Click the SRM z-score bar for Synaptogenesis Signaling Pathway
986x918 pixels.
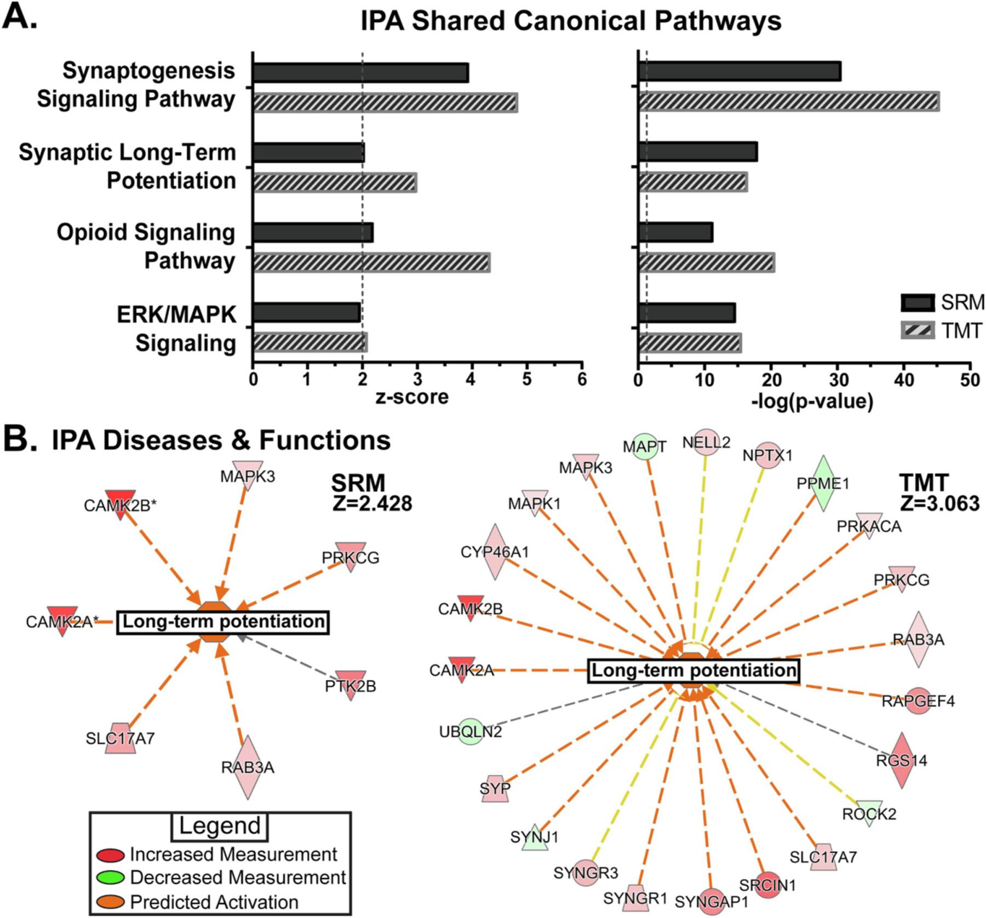pos(360,73)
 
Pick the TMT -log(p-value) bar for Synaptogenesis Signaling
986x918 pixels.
pos(788,102)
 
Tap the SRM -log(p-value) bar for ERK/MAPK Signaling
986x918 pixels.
pos(686,313)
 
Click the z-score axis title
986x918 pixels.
pos(411,397)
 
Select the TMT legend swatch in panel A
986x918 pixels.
pos(918,330)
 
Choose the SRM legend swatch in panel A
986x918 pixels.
pos(918,302)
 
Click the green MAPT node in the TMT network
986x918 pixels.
pos(645,446)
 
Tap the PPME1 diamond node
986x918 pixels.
pos(823,483)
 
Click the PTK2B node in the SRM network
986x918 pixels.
pos(351,685)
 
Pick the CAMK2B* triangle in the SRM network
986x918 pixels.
pos(120,503)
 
